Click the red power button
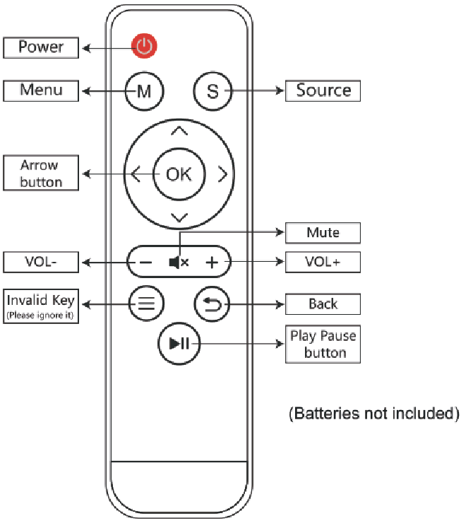point(144,46)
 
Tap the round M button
point(145,91)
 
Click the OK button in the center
point(179,174)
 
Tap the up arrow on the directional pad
point(179,131)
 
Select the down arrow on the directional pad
point(179,217)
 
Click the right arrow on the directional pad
point(223,174)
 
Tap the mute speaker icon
point(179,262)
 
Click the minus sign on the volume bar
point(145,263)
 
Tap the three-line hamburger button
point(146,303)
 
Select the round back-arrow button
point(212,304)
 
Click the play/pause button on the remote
point(179,343)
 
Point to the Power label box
point(41,48)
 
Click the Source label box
point(323,91)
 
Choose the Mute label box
point(323,233)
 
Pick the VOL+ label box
point(323,262)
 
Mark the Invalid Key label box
point(41,306)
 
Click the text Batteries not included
point(374,414)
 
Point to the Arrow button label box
point(41,173)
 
